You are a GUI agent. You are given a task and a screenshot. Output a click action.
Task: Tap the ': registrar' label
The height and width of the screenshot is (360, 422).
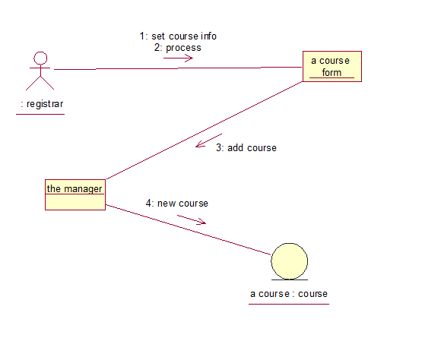[42, 104]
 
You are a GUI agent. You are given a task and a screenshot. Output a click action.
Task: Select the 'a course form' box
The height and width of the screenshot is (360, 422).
[332, 66]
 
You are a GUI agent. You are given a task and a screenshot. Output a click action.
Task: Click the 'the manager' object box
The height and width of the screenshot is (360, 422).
[75, 194]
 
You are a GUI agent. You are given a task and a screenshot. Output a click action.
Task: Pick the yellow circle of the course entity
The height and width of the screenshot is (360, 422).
[290, 261]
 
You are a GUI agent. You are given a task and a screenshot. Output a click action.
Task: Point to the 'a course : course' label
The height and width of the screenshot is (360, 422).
[289, 294]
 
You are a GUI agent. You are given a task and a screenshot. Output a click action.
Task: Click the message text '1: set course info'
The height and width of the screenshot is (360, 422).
[178, 36]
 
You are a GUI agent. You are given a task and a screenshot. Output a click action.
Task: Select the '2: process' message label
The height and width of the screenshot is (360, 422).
[178, 48]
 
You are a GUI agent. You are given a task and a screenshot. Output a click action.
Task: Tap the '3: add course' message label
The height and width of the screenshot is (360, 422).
[246, 147]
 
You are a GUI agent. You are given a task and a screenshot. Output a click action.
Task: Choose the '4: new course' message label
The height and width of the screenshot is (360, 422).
[177, 204]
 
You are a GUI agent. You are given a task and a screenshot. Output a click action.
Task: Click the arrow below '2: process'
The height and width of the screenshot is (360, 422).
[178, 58]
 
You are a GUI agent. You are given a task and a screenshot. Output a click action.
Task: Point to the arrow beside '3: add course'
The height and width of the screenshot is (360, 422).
[209, 141]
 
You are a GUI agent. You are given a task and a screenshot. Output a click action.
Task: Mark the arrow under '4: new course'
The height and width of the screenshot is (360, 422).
[192, 219]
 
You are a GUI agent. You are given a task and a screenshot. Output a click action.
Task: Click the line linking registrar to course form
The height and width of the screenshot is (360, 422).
[178, 68]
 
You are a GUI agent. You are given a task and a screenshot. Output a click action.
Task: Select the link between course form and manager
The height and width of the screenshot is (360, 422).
[205, 131]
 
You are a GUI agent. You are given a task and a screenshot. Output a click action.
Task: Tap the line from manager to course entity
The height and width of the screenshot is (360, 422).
[189, 229]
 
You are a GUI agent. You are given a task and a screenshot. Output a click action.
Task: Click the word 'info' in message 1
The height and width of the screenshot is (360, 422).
[208, 36]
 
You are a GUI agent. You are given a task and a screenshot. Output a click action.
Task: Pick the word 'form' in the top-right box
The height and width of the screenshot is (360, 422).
[332, 73]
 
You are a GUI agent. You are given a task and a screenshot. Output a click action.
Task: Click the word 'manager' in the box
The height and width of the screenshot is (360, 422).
[83, 189]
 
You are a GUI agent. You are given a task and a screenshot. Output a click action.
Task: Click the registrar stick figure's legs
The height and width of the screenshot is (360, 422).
[40, 83]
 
